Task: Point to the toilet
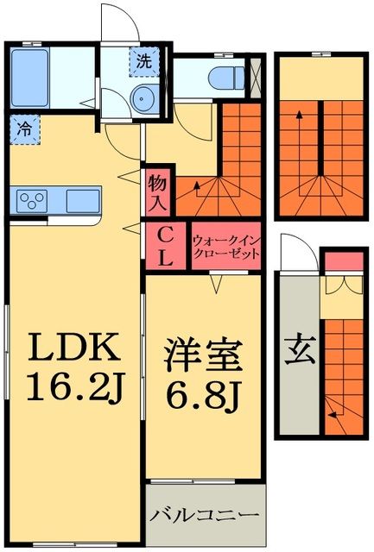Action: [x=221, y=76]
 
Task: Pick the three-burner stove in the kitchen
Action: [x=35, y=202]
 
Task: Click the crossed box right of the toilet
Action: [x=255, y=76]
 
